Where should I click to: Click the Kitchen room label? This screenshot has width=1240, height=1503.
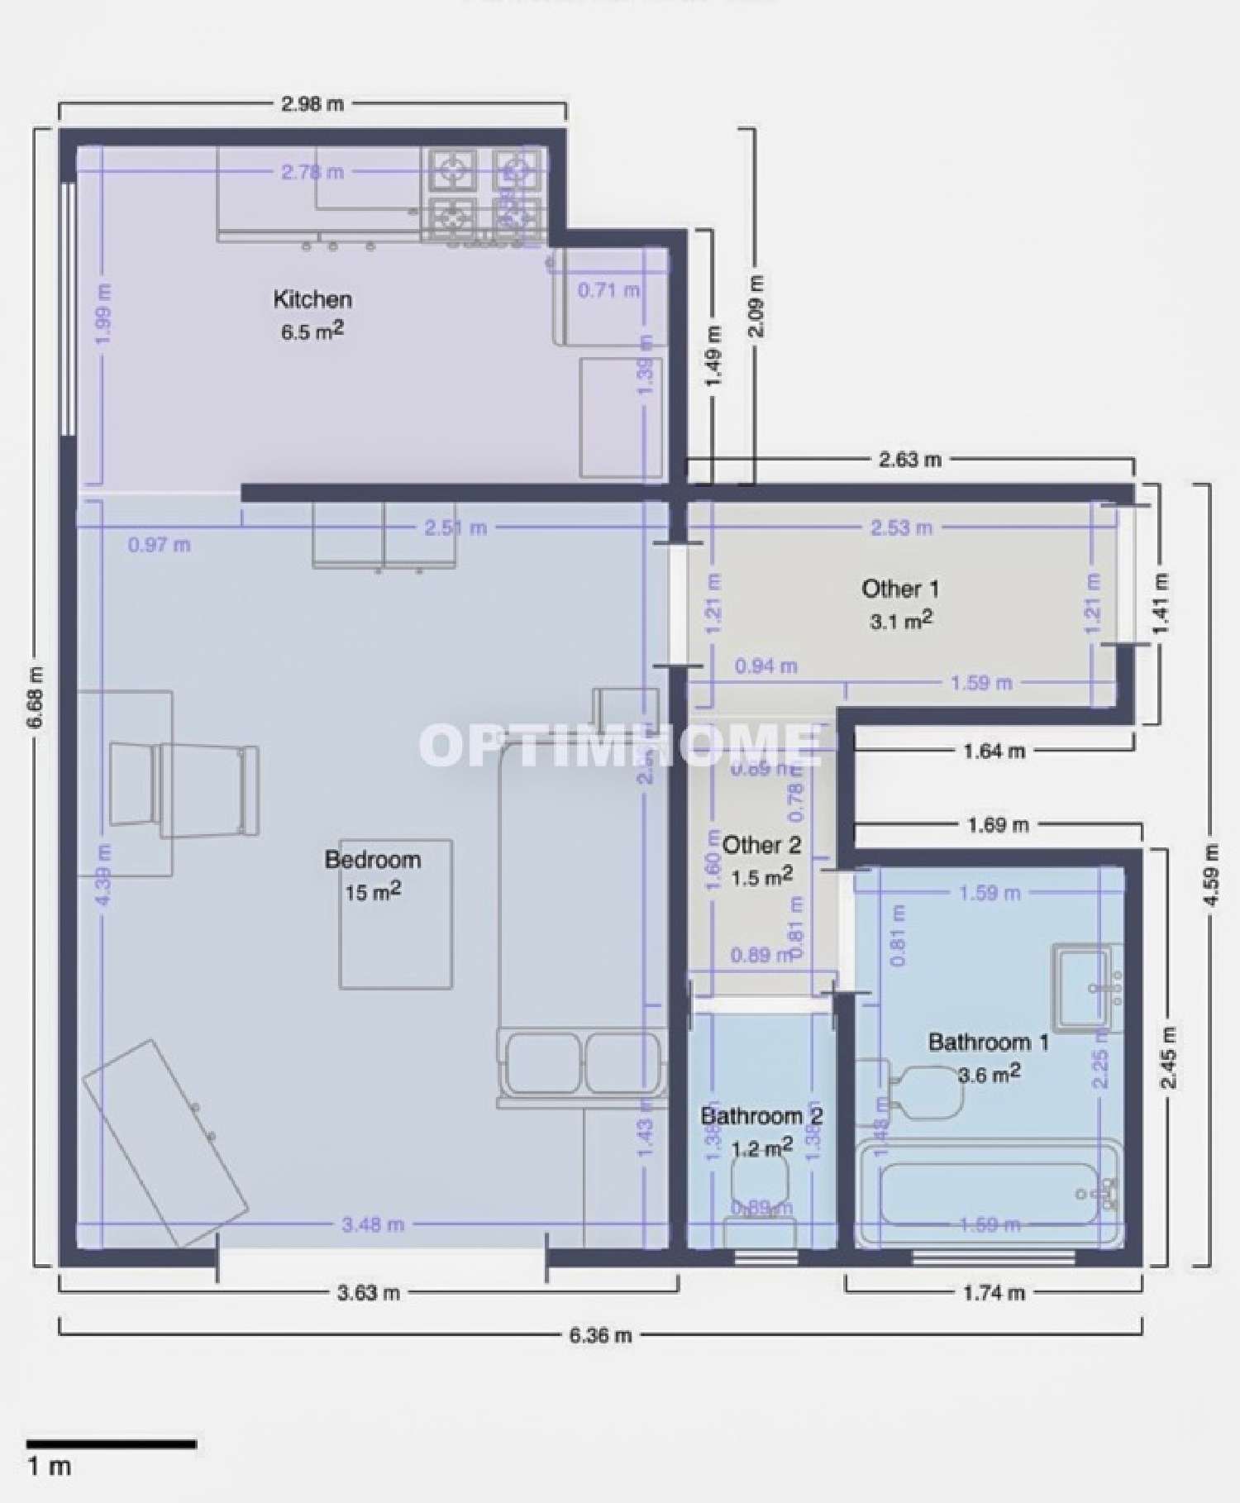[312, 299]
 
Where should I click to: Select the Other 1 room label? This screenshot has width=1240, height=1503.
[900, 589]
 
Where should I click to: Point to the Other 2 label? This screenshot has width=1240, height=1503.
[761, 846]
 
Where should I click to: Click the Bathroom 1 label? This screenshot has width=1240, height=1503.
[988, 1043]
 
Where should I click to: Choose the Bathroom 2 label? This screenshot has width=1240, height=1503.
[761, 1117]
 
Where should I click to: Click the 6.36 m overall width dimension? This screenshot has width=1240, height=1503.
[600, 1335]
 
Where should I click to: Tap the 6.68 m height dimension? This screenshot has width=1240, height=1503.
[35, 697]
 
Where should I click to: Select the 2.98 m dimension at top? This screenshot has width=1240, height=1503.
[312, 104]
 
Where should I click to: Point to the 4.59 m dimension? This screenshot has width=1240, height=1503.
[1211, 875]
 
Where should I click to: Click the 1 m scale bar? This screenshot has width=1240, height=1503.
[112, 1444]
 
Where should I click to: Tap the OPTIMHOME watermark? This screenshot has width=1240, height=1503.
[620, 744]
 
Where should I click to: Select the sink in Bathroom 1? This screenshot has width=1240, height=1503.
[1085, 988]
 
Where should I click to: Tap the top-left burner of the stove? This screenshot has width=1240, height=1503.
[452, 169]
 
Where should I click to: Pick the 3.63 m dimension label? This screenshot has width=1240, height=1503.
[368, 1292]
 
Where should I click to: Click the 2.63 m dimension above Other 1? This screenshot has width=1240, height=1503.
[909, 460]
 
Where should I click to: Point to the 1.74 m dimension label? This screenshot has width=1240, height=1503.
[994, 1292]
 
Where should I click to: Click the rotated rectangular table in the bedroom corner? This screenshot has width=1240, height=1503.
[165, 1143]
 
